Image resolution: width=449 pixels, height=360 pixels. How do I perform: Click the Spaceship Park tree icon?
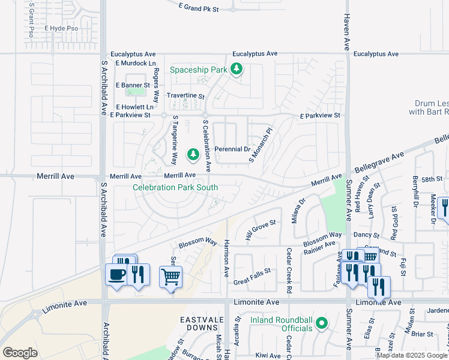(237, 69)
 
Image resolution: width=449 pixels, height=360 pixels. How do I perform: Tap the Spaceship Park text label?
(198, 70)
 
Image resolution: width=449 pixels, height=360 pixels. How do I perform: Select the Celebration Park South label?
(175, 187)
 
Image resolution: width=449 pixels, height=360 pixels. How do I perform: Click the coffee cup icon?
(116, 275)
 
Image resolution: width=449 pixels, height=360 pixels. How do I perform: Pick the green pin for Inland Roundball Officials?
(322, 324)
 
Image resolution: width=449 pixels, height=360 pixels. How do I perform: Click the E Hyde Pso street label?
(62, 28)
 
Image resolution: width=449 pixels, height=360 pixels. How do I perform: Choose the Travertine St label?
(185, 96)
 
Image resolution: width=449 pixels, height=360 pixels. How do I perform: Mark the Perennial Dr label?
(232, 149)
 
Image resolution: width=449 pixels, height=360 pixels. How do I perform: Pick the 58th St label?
(432, 179)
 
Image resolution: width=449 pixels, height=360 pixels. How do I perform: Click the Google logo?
(20, 353)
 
